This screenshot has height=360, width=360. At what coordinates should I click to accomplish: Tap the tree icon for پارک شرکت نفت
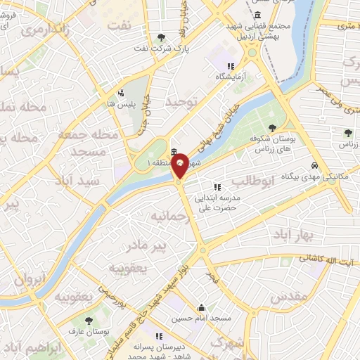click(x=162, y=37)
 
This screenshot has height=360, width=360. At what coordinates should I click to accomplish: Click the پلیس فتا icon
click(x=122, y=92)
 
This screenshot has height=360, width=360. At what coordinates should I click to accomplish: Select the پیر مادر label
click(x=146, y=245)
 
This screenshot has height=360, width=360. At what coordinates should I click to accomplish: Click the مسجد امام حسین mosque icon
click(x=202, y=307)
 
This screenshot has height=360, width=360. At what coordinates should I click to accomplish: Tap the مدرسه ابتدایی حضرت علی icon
click(x=217, y=187)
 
